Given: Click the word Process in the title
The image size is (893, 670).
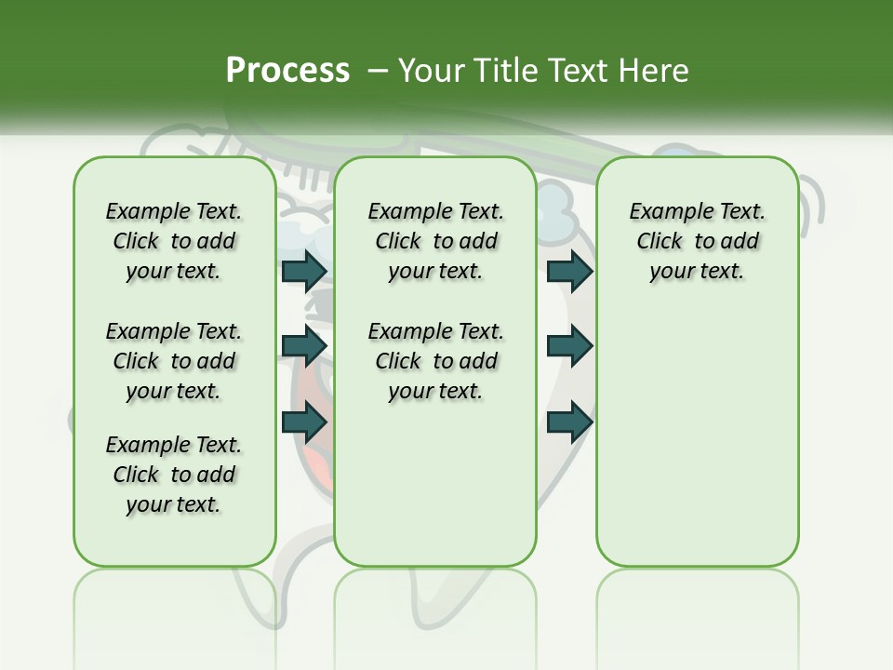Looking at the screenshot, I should [287, 71].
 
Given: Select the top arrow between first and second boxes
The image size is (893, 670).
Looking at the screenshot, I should [304, 271].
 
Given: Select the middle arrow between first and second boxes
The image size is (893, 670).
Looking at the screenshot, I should [304, 346].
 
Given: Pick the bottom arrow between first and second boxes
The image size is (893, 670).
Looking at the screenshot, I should [304, 422].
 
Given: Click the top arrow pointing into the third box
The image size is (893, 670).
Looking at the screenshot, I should [569, 271].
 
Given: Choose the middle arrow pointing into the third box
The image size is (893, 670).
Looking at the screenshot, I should [569, 346].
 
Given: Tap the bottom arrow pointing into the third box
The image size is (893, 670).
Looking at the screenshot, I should [569, 422].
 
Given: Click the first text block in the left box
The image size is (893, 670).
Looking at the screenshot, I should [174, 241].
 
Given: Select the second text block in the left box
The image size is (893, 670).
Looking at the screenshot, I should [174, 361].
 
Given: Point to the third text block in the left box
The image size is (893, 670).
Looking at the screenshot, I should [174, 475].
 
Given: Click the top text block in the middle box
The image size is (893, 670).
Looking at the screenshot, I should [435, 241].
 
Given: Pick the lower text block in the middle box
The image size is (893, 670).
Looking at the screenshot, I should [435, 361].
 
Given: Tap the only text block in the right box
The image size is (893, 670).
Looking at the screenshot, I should [697, 241].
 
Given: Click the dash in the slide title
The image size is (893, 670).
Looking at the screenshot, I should [378, 71].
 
